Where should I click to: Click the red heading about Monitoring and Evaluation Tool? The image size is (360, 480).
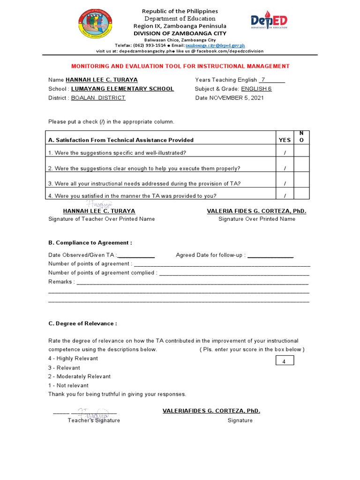click(x=180, y=67)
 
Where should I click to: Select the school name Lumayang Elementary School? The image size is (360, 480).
click(x=122, y=89)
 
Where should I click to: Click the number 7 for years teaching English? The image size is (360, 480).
click(x=263, y=80)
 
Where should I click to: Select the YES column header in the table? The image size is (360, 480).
click(x=285, y=140)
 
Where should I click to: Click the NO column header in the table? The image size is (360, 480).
click(x=301, y=137)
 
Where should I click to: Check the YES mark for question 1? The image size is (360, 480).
click(x=285, y=153)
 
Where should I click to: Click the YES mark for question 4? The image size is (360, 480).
click(x=285, y=196)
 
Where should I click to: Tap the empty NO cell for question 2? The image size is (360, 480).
click(x=301, y=168)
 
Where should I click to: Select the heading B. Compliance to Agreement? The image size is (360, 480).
click(x=90, y=242)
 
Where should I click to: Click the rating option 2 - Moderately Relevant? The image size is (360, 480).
click(x=79, y=376)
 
